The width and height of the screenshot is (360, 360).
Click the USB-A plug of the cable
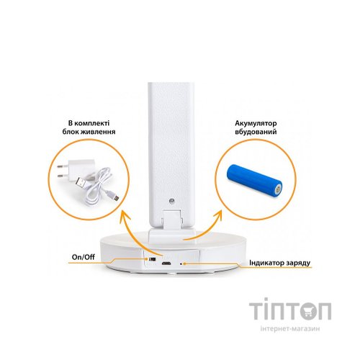click(81, 184)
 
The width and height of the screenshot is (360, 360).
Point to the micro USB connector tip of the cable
click(115, 197)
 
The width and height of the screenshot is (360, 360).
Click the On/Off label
click(84, 257)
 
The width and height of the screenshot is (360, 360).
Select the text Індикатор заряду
click(280, 263)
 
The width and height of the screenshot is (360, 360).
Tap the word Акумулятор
click(256, 123)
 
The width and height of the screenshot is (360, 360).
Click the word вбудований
click(256, 132)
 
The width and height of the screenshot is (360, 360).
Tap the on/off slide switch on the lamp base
click(152, 259)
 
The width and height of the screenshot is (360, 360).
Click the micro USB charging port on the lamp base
click(166, 264)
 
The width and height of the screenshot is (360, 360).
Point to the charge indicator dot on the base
click(181, 264)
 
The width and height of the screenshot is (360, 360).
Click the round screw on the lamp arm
click(172, 201)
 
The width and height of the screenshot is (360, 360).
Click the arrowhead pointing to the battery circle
click(217, 217)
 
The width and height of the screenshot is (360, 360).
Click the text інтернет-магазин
click(290, 328)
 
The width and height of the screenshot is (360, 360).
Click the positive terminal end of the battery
click(278, 189)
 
